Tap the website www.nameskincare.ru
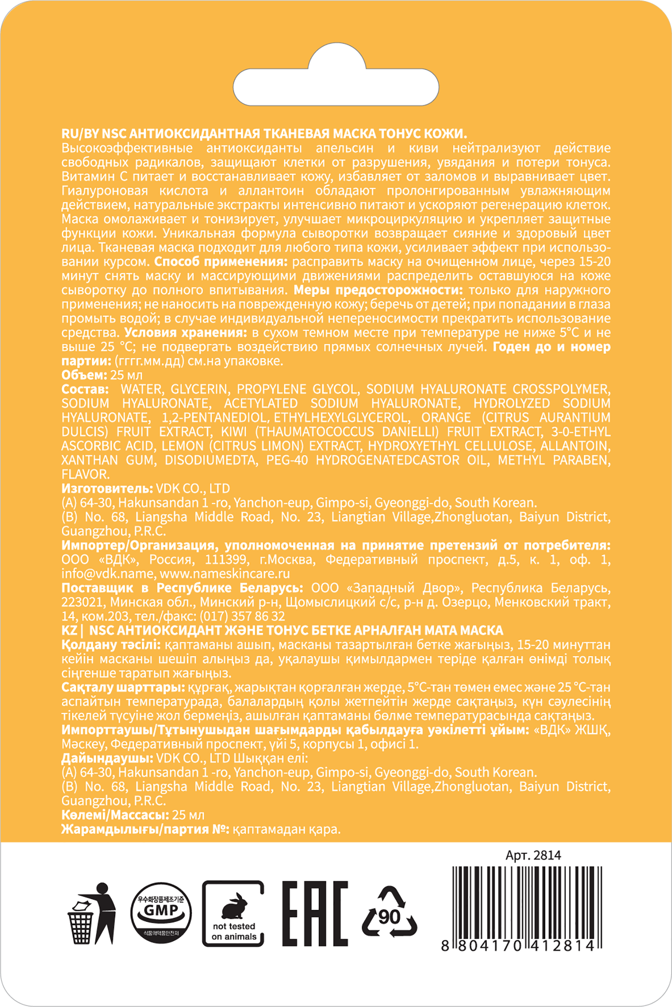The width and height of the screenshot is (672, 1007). pyautogui.click(x=224, y=574)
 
